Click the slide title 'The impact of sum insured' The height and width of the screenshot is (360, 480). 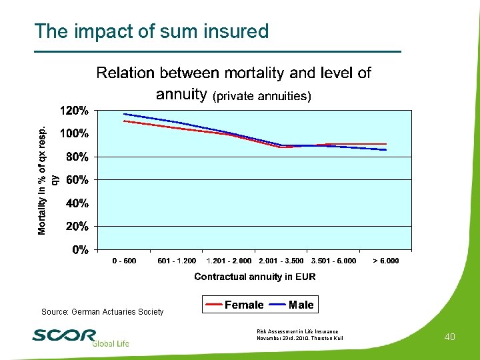151,31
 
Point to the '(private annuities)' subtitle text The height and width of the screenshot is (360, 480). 261,96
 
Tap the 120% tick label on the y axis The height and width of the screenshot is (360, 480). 75,110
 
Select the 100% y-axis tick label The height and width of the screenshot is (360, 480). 75,133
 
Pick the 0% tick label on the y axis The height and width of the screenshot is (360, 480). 80,250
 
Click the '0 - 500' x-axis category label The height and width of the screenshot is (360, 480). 124,261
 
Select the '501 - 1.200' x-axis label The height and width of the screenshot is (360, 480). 177,261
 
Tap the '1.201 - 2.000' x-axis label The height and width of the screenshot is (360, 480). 229,261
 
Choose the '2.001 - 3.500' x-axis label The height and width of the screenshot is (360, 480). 281,261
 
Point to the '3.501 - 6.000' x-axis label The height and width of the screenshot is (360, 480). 333,261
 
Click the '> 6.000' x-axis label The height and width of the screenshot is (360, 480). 386,261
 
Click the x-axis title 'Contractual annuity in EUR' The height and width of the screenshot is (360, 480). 255,276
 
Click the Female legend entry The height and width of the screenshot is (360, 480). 233,305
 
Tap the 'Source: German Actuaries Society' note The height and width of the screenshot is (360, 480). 102,312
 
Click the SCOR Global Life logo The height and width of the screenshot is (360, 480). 80,337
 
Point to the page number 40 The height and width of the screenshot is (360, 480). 449,337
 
